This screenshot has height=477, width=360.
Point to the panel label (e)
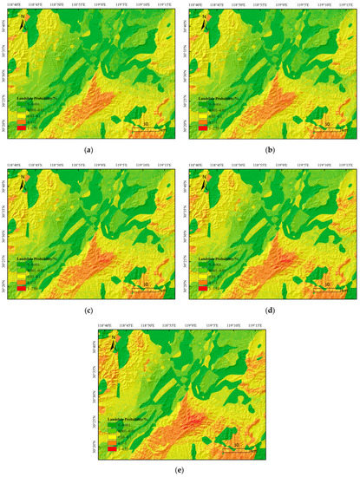[180, 469]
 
